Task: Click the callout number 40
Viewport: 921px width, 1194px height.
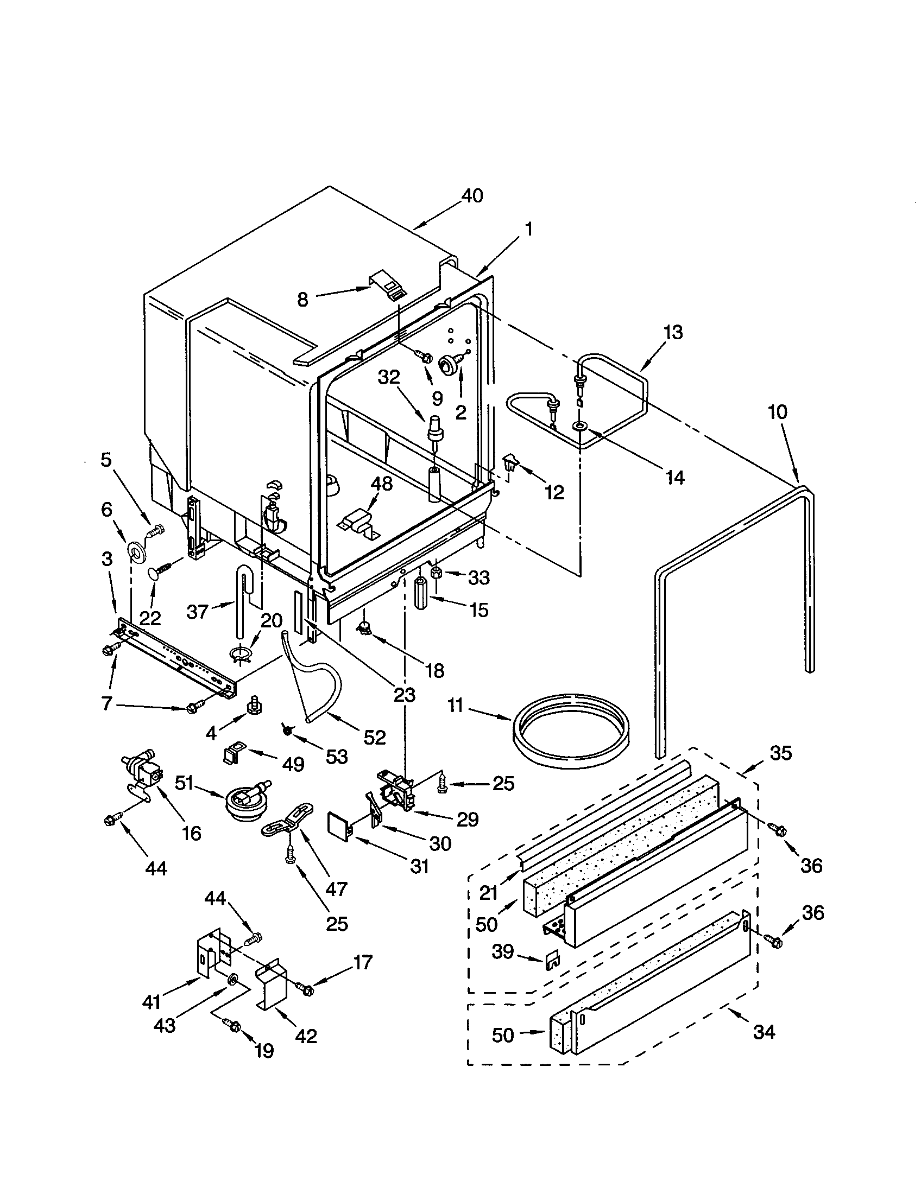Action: pyautogui.click(x=472, y=196)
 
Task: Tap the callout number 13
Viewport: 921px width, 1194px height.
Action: pyautogui.click(x=673, y=332)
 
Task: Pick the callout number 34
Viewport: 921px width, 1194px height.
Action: pyautogui.click(x=764, y=1032)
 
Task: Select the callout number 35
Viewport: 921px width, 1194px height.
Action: pyautogui.click(x=780, y=753)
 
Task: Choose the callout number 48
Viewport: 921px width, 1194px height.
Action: pyautogui.click(x=382, y=484)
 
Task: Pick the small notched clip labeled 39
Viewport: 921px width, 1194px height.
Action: pyautogui.click(x=553, y=961)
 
